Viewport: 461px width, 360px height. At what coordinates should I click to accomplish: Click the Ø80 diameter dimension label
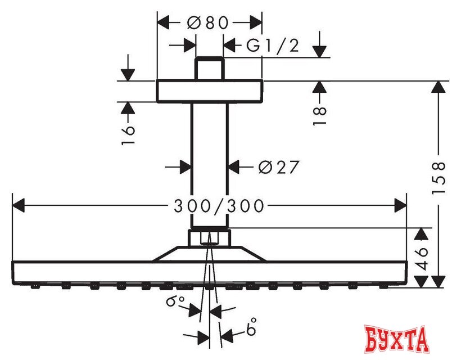[208, 22]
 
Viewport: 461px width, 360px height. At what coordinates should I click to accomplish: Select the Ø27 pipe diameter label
[279, 167]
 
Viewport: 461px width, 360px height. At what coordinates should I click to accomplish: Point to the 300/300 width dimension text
[219, 205]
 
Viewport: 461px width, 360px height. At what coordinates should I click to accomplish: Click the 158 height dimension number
[439, 178]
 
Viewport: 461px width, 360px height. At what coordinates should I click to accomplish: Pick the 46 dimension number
[422, 259]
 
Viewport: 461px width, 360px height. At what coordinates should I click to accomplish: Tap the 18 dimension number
[319, 116]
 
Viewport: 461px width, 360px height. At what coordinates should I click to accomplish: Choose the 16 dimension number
[128, 136]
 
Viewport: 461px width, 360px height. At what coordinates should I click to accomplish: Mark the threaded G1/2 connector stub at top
[209, 68]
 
